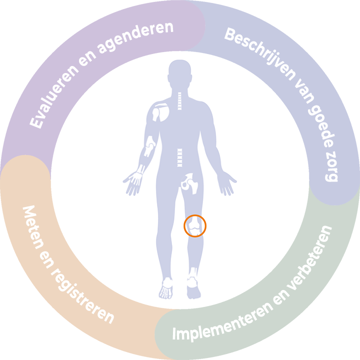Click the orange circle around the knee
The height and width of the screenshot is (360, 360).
coord(194,225)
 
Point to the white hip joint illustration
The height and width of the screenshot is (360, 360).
coord(190,183)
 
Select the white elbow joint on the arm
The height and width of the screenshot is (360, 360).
coord(150,148)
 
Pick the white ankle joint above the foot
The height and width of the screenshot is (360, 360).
coord(192,273)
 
